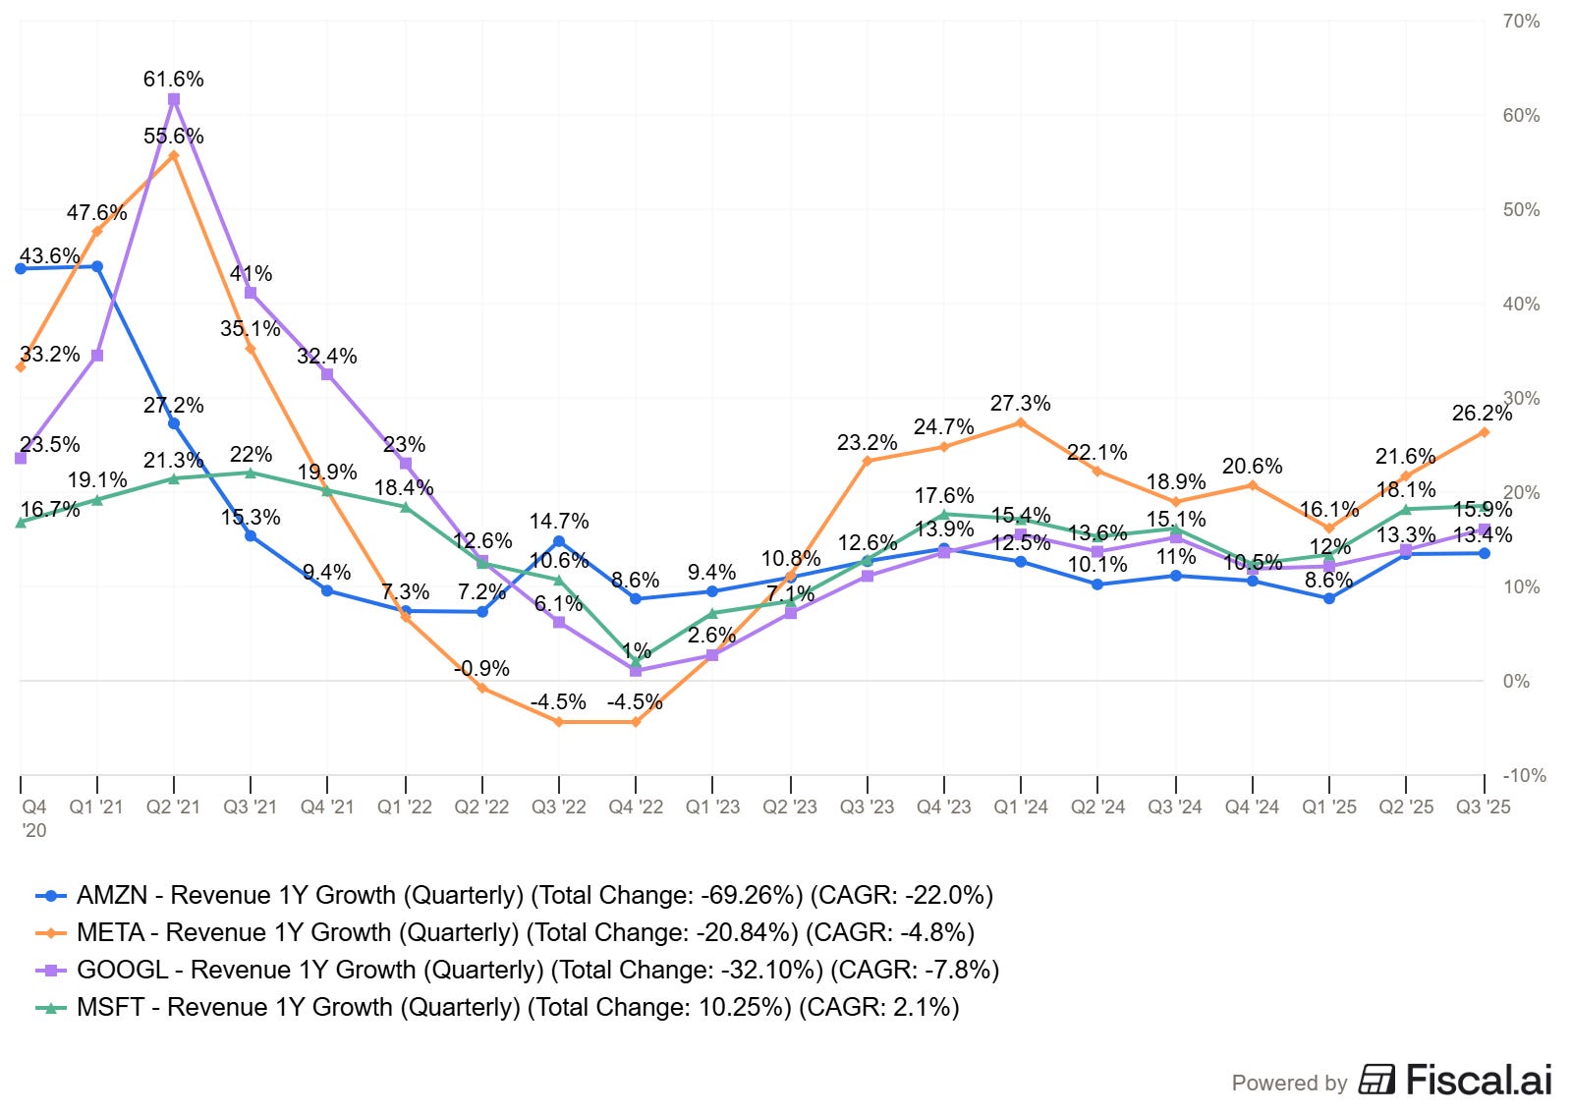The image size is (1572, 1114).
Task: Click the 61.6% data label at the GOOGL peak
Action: [x=173, y=79]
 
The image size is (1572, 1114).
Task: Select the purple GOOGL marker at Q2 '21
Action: [x=174, y=99]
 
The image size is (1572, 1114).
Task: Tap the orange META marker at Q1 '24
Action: [x=1021, y=422]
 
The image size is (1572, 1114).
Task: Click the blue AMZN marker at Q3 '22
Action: [x=559, y=541]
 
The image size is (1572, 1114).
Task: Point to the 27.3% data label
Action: [x=1020, y=403]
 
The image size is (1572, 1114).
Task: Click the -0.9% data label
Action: [x=481, y=668]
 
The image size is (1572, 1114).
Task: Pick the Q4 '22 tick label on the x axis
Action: [x=636, y=807]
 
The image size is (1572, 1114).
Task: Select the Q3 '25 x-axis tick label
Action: [x=1483, y=807]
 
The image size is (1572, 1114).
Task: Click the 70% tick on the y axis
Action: [x=1521, y=22]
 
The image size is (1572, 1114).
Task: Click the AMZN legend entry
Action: [x=534, y=895]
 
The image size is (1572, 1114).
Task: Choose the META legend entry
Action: [x=525, y=932]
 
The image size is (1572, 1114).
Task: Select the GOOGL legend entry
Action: [x=537, y=970]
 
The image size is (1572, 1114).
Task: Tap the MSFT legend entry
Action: [x=518, y=1007]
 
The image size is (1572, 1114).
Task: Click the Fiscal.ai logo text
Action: [x=1478, y=1080]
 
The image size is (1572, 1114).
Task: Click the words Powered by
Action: [x=1289, y=1083]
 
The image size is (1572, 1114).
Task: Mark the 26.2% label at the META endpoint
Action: [x=1481, y=413]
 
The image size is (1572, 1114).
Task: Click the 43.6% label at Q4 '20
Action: [x=49, y=255]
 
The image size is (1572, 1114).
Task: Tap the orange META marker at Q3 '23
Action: [x=868, y=461]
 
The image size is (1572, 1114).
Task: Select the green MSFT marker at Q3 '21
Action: [x=251, y=473]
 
